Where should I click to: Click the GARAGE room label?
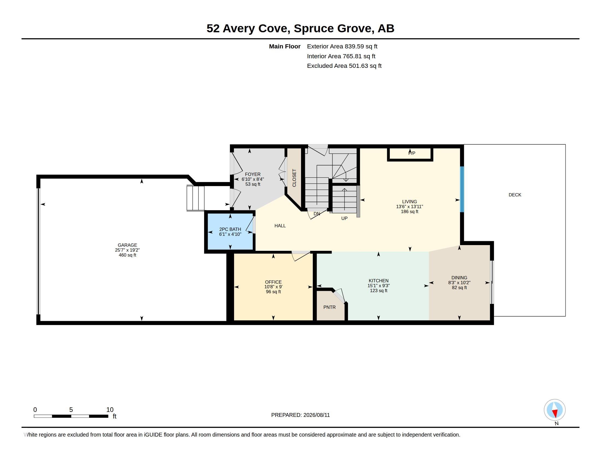pyautogui.click(x=127, y=245)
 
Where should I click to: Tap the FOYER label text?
pyautogui.click(x=253, y=174)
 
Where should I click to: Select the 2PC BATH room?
pyautogui.click(x=230, y=231)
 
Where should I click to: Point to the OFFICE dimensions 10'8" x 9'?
pyautogui.click(x=273, y=287)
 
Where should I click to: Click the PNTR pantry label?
pyautogui.click(x=329, y=307)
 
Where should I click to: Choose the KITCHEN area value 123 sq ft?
pyautogui.click(x=378, y=290)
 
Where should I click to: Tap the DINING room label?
pyautogui.click(x=459, y=278)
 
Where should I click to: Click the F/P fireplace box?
pyautogui.click(x=410, y=154)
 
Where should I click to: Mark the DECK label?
pyautogui.click(x=515, y=195)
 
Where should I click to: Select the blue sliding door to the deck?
pyautogui.click(x=462, y=189)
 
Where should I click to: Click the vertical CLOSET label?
pyautogui.click(x=294, y=178)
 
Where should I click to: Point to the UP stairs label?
pyautogui.click(x=344, y=218)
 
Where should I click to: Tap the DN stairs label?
pyautogui.click(x=317, y=214)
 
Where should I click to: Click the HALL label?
pyautogui.click(x=280, y=226)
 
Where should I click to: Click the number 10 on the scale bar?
pyautogui.click(x=110, y=410)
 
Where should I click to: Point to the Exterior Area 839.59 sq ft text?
pyautogui.click(x=342, y=46)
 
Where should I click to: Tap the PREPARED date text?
pyautogui.click(x=300, y=415)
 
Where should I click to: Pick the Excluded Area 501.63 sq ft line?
pyautogui.click(x=344, y=66)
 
